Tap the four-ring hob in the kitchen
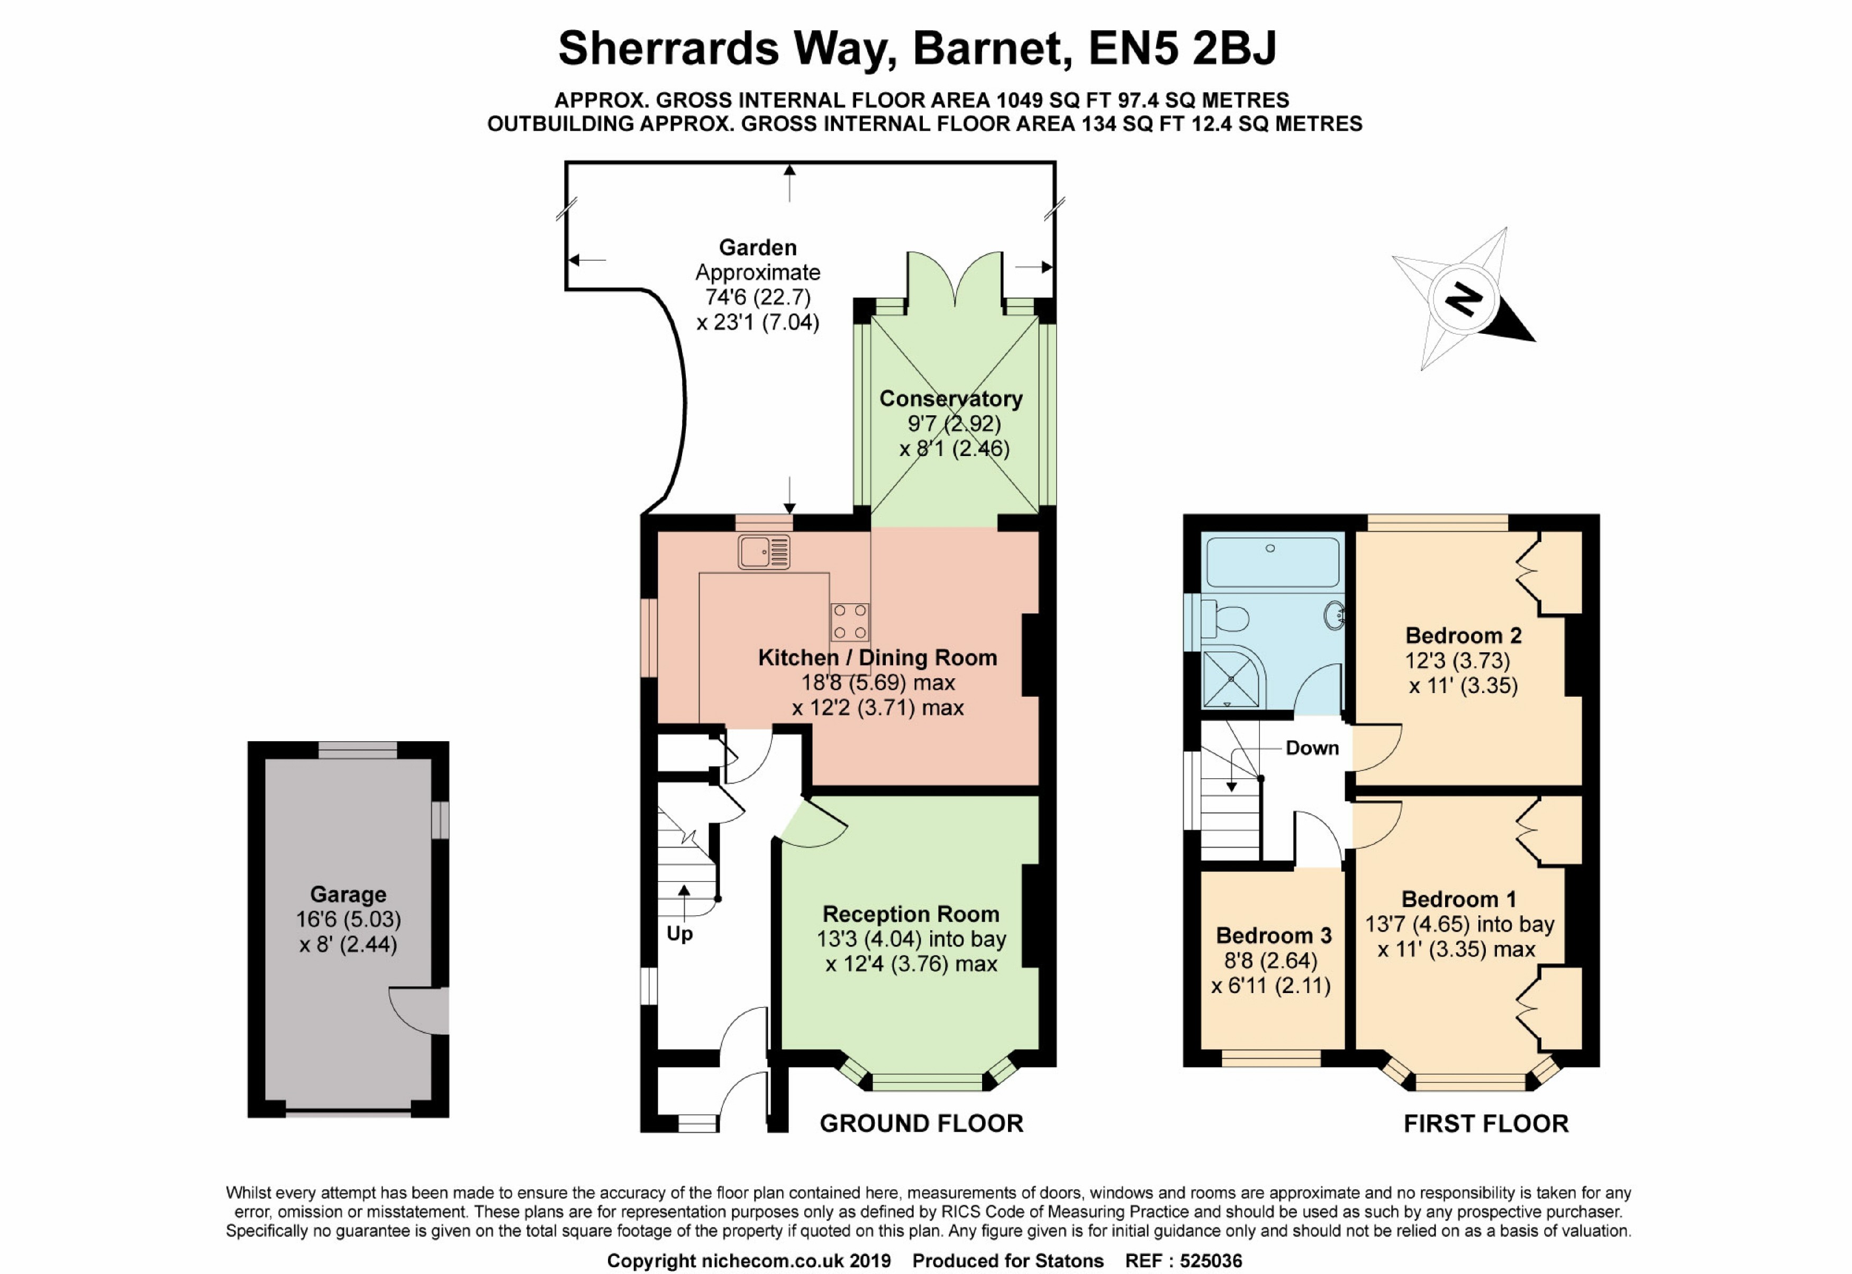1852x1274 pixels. point(849,622)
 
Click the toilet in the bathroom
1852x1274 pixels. point(1226,618)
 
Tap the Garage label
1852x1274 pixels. point(348,894)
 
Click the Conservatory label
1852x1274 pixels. point(951,398)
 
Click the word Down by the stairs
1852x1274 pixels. point(1312,748)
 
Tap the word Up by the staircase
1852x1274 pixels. point(679,933)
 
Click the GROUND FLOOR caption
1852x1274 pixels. point(921,1124)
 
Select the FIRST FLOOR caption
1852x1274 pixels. point(1486,1124)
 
